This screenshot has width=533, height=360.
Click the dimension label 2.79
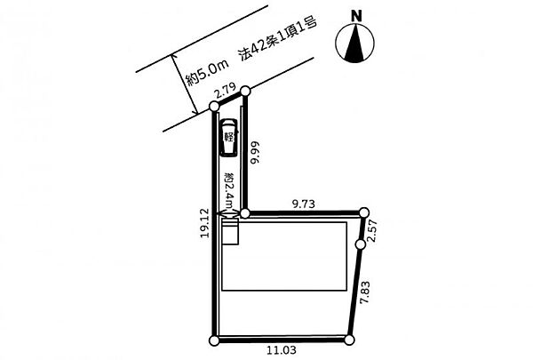[x=225, y=92]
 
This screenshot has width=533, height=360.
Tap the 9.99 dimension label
[x=255, y=152]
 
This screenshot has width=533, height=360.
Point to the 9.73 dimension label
[x=304, y=204]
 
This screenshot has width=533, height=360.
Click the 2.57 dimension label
[x=373, y=230]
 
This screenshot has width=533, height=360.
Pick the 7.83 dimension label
[x=365, y=292]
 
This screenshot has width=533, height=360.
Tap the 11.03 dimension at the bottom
[x=282, y=349]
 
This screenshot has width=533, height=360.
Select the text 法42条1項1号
[x=277, y=40]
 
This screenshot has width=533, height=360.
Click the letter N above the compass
[x=356, y=16]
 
